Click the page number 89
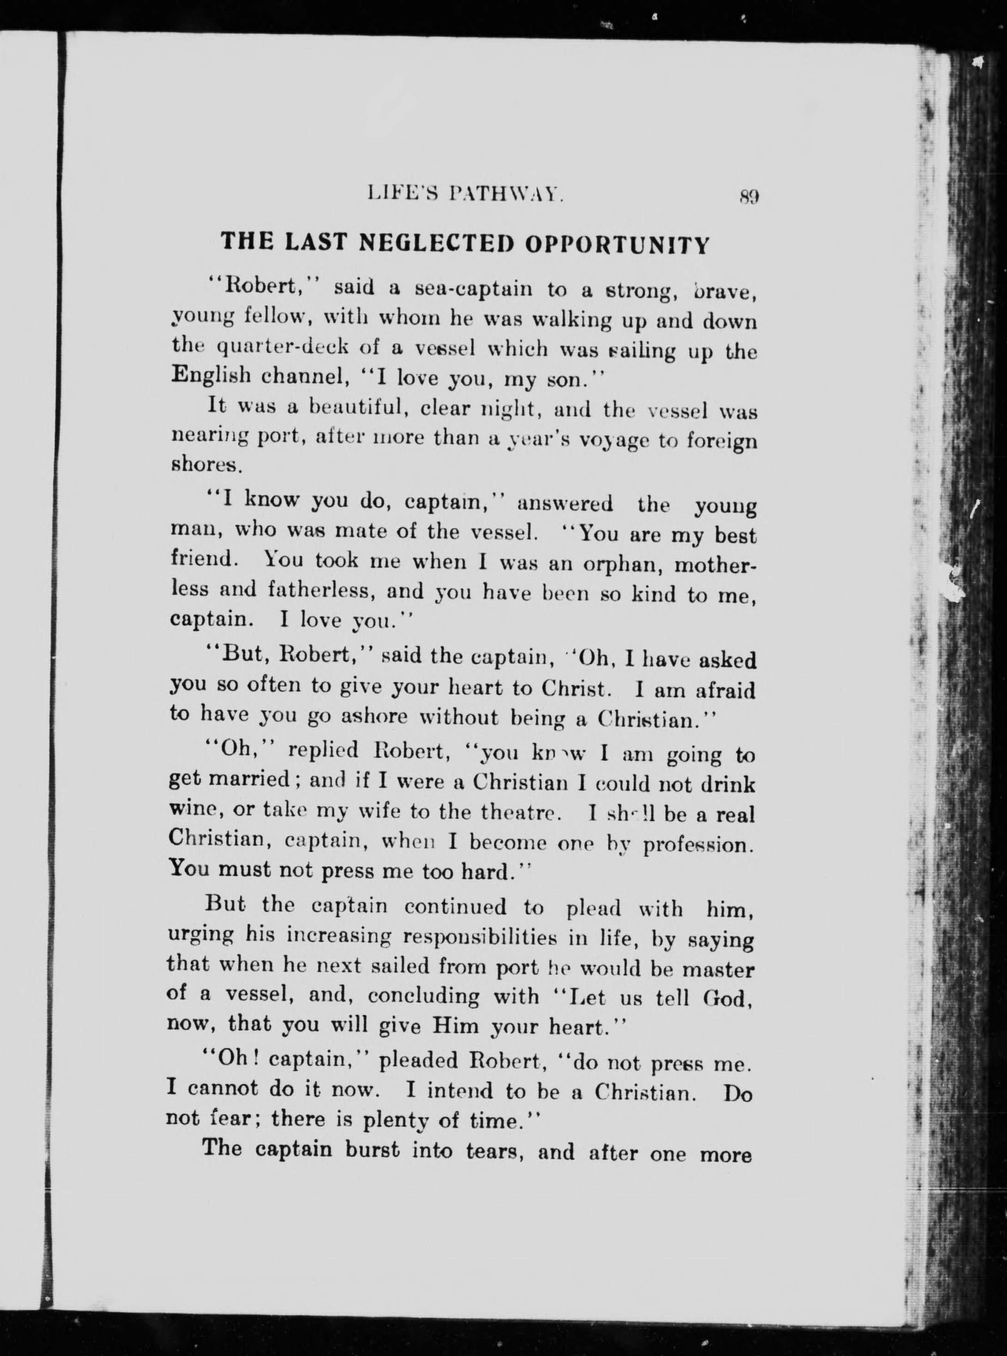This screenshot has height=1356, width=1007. pyautogui.click(x=748, y=196)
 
